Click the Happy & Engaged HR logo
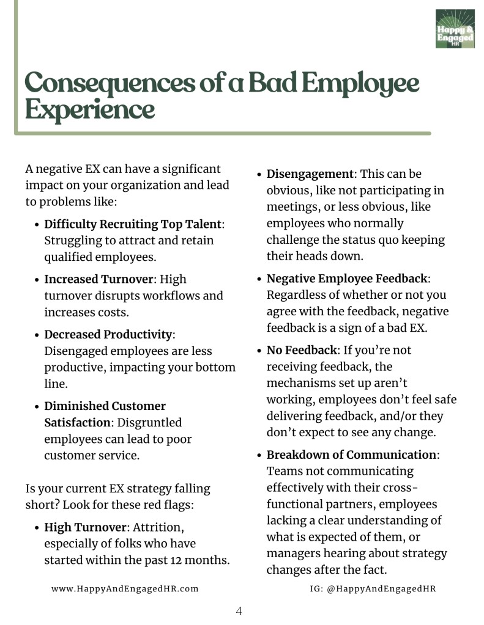click(455, 29)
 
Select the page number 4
click(239, 610)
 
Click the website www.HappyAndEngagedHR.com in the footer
click(125, 588)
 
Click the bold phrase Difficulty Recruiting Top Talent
click(133, 224)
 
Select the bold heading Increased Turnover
click(98, 279)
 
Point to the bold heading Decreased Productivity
click(108, 335)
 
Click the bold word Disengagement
click(310, 174)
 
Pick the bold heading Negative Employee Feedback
click(347, 279)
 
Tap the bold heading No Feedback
click(302, 350)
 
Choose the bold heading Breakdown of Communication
click(351, 455)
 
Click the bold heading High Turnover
click(85, 527)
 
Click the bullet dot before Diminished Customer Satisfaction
click(37, 406)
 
